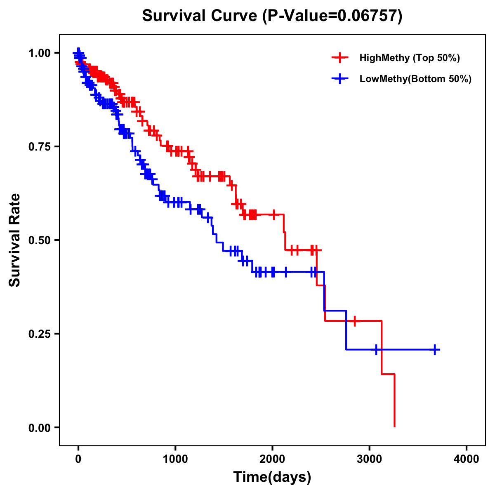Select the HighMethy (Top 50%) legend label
(x=409, y=58)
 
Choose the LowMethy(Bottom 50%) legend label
(x=415, y=79)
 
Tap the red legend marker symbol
(x=340, y=58)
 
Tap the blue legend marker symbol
(x=340, y=79)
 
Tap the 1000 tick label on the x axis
(x=175, y=460)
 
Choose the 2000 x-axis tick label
(x=272, y=460)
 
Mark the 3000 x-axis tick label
(x=370, y=460)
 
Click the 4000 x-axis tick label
(x=467, y=460)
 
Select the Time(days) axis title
(x=272, y=477)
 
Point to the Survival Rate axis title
(x=15, y=240)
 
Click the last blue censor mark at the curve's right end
(x=435, y=349)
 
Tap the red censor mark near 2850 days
(x=354, y=321)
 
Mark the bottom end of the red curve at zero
(x=395, y=427)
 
